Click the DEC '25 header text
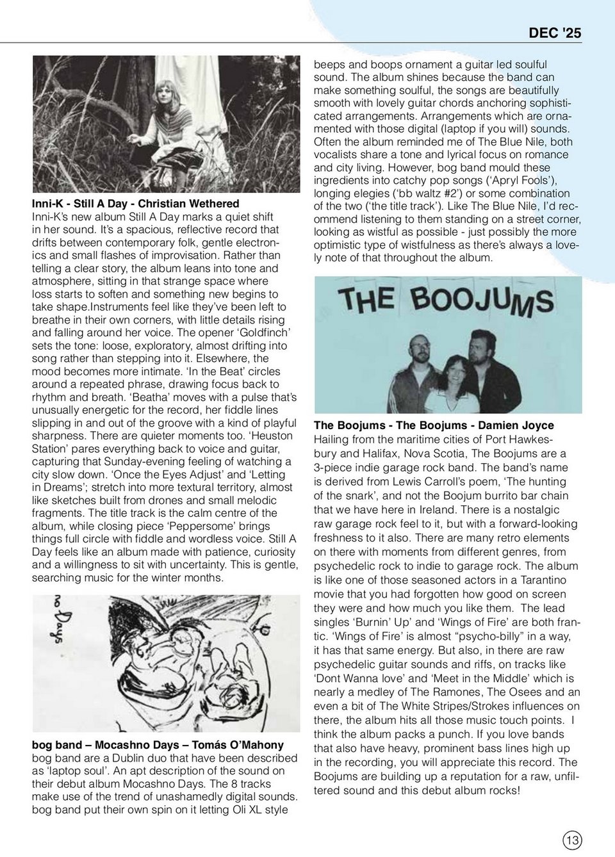tap(555, 33)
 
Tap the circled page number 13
tap(572, 840)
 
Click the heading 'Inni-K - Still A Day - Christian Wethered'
tap(136, 204)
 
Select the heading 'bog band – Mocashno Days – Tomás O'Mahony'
tap(158, 745)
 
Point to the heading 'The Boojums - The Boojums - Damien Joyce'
tap(434, 425)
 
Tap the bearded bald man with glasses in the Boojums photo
tap(420, 352)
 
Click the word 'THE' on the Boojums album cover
tap(366, 300)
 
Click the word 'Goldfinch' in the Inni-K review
tap(263, 332)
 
